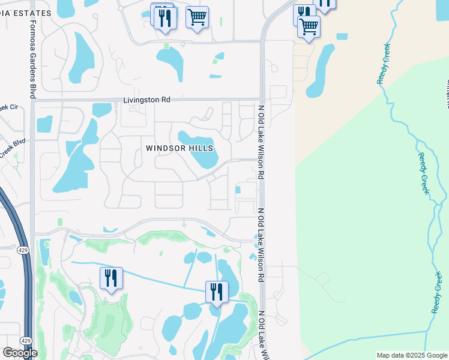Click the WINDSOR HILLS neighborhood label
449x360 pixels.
[x=179, y=148]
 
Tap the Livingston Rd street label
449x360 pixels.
[x=147, y=100]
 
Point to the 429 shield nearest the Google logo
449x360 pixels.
[x=25, y=341]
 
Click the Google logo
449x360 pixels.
[x=20, y=353]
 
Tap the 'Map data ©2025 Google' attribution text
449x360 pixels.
[x=411, y=355]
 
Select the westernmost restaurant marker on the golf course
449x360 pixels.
[x=111, y=279]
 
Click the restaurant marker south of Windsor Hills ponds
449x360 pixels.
[x=217, y=293]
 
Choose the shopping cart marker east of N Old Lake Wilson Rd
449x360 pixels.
[x=309, y=27]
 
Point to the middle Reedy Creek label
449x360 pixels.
[x=425, y=174]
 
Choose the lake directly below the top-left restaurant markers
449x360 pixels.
[x=170, y=62]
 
